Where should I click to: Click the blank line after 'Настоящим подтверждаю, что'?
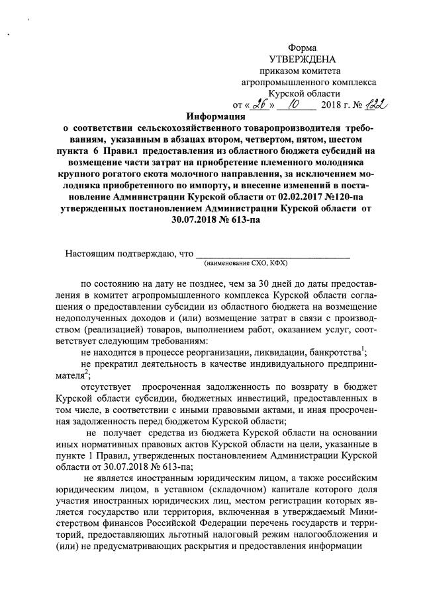[273, 253]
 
